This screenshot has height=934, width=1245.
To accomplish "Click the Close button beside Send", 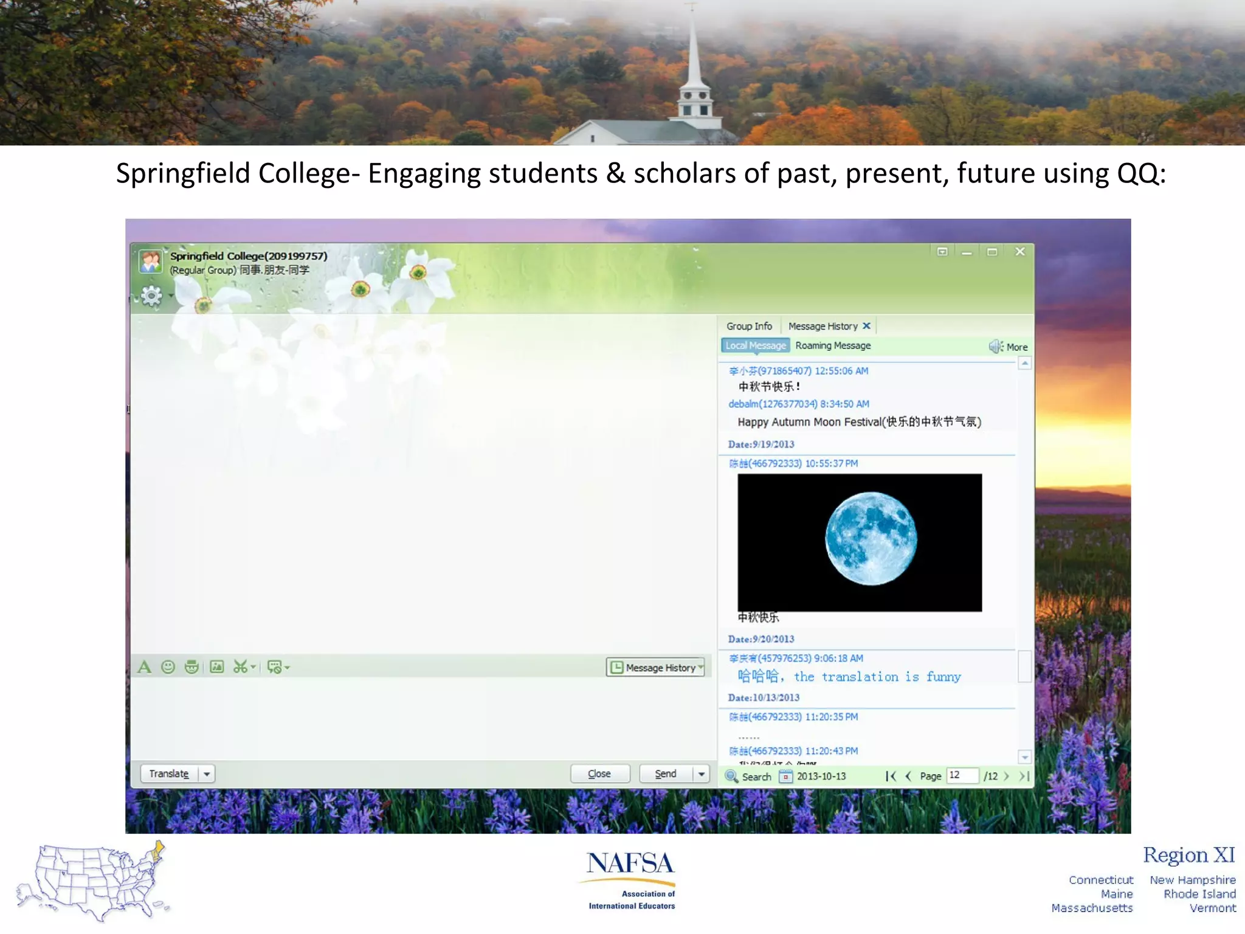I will point(599,773).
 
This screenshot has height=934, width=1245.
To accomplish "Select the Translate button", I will point(169,773).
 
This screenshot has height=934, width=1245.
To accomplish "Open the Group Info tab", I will point(749,327).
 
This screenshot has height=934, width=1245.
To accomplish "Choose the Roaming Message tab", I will point(833,346).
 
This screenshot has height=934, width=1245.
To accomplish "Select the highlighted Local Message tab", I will point(756,346).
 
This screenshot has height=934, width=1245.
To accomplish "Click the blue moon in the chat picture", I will point(871,539).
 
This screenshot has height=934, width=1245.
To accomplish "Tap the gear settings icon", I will point(151,296).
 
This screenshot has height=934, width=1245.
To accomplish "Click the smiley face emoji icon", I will point(168,667).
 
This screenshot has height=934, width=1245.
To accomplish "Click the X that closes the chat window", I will point(1020,252).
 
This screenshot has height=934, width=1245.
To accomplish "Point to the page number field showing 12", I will point(962,775).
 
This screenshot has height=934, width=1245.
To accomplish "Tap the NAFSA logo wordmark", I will point(630,863).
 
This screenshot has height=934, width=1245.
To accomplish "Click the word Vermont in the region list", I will point(1212,908).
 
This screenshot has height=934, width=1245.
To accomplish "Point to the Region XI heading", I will point(1188,855).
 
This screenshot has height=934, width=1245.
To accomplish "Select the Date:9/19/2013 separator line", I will point(761,445).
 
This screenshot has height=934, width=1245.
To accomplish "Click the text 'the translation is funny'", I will point(877,677).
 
